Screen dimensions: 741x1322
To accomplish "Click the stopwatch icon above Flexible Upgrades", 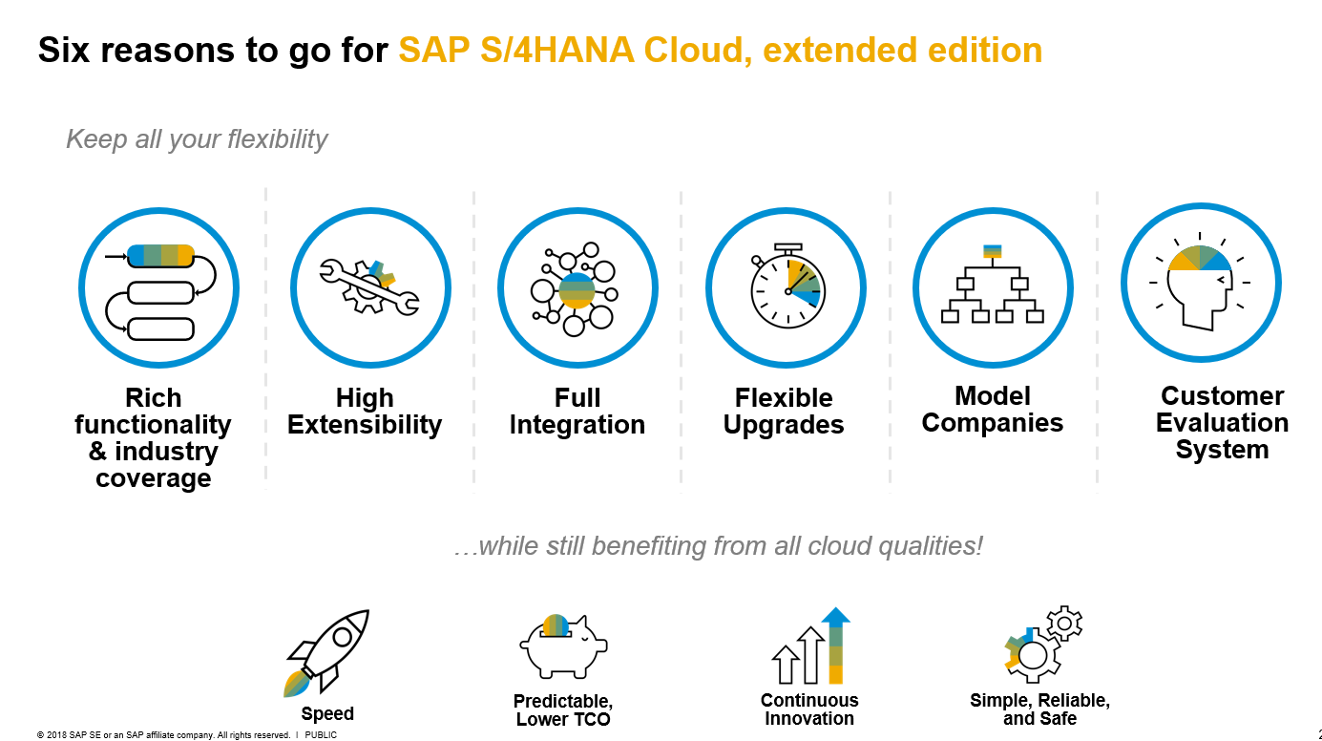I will pos(787,286).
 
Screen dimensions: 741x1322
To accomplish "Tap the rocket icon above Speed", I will pos(327,652).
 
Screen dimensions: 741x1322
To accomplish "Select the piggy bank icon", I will pos(563,646).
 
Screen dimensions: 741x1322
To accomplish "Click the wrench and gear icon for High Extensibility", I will pos(369,286).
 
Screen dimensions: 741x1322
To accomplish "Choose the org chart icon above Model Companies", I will pos(993,286).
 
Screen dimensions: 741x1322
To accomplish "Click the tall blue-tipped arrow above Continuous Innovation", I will pos(836,646).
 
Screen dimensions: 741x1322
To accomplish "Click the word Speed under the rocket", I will pos(327,714).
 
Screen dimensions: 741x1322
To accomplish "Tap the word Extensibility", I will pos(365,425).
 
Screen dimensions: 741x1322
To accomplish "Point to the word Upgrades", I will pos(784,425).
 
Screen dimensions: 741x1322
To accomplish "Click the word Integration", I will pos(577,425).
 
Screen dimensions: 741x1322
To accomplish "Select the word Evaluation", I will pos(1222,423).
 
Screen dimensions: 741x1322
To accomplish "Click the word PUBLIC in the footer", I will pos(321,735).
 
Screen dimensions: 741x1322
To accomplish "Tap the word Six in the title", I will pos(67,50).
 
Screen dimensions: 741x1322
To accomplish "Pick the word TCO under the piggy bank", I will pos(591,719).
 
